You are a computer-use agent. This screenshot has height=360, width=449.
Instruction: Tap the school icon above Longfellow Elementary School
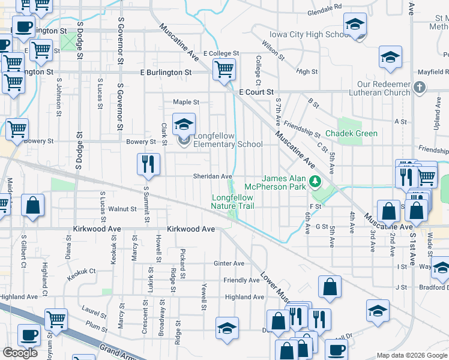click(184, 125)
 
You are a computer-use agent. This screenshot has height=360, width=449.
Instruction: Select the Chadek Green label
click(351, 133)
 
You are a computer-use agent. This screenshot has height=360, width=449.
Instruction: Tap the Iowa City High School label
click(306, 34)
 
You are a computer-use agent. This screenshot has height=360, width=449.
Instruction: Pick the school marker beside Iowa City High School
click(355, 26)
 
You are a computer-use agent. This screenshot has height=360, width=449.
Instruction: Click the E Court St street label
click(256, 92)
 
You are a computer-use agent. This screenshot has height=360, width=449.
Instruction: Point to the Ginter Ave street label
click(229, 263)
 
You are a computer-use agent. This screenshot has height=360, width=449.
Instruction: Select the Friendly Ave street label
click(241, 280)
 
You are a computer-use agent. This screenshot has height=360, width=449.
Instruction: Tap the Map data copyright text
click(412, 355)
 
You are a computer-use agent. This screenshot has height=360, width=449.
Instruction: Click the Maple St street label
click(185, 102)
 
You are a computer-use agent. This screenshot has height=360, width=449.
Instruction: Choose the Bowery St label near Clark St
click(140, 142)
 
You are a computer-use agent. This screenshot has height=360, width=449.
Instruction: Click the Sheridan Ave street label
click(212, 176)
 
